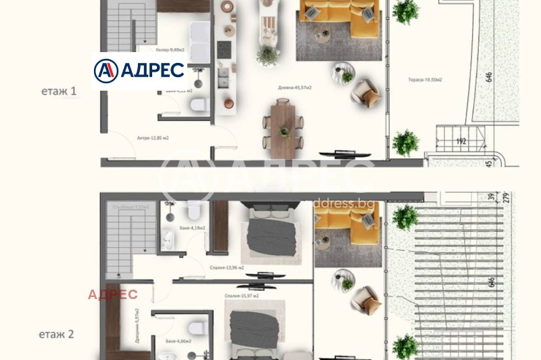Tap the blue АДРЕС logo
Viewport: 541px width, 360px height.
click(139, 70)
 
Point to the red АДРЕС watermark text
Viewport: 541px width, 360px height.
click(113, 294)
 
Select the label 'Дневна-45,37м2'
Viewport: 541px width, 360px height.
click(294, 88)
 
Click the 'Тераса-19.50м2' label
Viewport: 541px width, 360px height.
click(425, 80)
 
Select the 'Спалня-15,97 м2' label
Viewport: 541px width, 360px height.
click(241, 296)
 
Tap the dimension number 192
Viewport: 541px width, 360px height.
click(462, 142)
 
